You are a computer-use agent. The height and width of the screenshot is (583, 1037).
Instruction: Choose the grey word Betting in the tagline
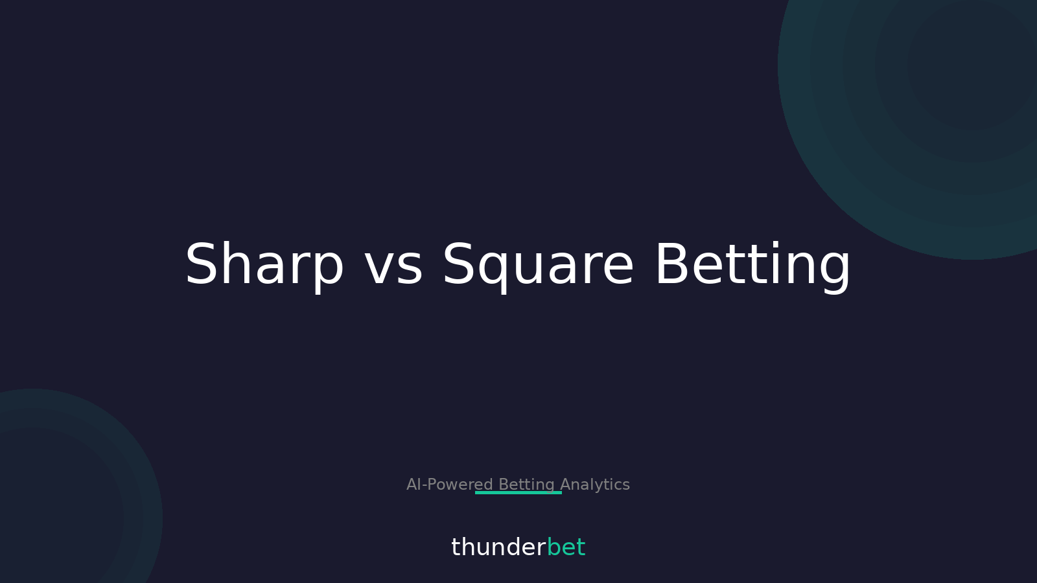pyautogui.click(x=526, y=484)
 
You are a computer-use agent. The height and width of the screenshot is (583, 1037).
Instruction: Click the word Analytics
pyautogui.click(x=595, y=485)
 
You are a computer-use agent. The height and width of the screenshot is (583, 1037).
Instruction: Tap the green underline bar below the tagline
pyautogui.click(x=518, y=493)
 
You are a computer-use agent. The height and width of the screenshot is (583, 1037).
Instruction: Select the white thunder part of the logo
pyautogui.click(x=498, y=547)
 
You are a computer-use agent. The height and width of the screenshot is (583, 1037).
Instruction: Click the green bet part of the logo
pyautogui.click(x=566, y=547)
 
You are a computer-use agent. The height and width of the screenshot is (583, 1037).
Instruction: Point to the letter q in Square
pyautogui.click(x=497, y=271)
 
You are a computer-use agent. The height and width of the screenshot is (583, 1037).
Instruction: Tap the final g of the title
pyautogui.click(x=832, y=271)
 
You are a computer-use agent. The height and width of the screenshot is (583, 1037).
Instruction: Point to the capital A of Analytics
pyautogui.click(x=566, y=485)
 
